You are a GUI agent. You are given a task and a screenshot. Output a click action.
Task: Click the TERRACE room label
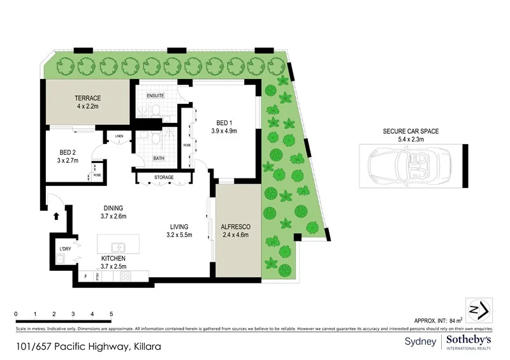pyautogui.click(x=87, y=98)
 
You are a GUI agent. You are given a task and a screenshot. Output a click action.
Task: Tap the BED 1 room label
pyautogui.click(x=224, y=122)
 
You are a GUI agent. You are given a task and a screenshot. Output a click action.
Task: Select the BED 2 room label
pyautogui.click(x=68, y=152)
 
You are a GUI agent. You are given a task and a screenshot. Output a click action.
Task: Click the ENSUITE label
pyautogui.click(x=156, y=96)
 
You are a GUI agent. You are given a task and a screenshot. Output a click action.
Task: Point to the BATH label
pyautogui.click(x=158, y=159)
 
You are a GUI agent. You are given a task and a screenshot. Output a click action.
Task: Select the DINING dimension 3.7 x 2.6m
pyautogui.click(x=113, y=217)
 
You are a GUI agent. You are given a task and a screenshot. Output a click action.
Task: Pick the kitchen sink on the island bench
pyautogui.click(x=118, y=247)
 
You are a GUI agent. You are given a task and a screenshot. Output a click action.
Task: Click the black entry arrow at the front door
pyautogui.click(x=56, y=217)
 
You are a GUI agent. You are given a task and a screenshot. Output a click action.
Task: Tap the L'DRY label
pyautogui.click(x=64, y=248)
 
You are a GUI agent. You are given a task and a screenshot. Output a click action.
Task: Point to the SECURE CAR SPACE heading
pyautogui.click(x=411, y=131)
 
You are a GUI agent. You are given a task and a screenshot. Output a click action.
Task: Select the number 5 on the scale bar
pyautogui.click(x=112, y=314)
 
